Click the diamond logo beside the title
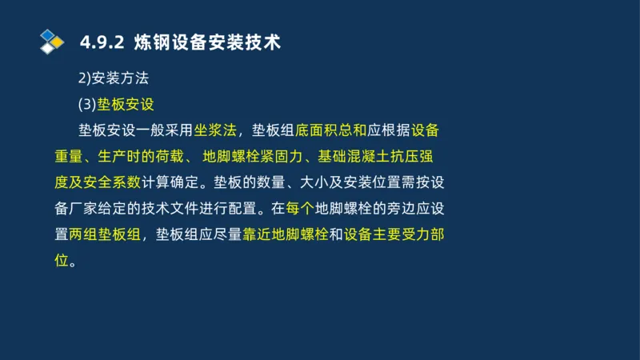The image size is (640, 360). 51,40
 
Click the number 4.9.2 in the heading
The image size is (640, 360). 102,42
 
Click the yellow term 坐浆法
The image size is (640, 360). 215,130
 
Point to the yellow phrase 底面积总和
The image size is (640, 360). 330,130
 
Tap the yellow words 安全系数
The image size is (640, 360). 115,182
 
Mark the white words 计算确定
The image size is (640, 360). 169,182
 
